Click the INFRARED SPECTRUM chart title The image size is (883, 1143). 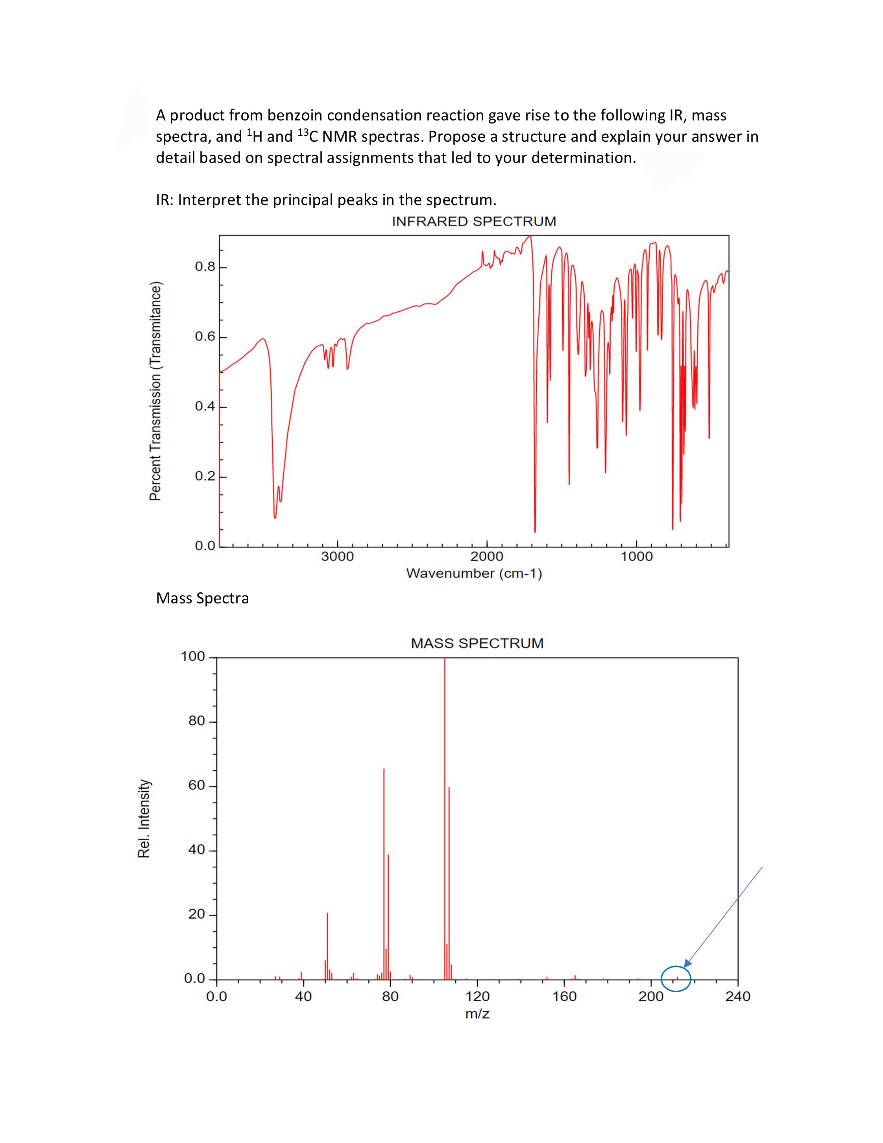(474, 221)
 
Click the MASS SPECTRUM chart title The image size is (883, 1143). (477, 643)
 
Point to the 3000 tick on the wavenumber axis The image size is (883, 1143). (337, 556)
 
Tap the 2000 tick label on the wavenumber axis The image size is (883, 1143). (487, 556)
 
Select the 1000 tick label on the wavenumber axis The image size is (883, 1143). (637, 556)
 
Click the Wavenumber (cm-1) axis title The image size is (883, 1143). (474, 573)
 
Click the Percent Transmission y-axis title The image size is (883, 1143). (156, 391)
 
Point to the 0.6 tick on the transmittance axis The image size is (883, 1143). (205, 337)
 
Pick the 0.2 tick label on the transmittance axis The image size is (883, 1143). (205, 476)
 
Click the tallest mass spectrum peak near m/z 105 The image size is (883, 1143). (445, 818)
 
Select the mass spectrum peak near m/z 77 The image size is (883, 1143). (384, 873)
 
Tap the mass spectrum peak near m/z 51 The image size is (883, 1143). (327, 946)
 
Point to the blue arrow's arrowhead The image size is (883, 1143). (686, 964)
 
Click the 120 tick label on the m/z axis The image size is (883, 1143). (477, 997)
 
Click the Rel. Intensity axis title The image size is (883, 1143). (144, 819)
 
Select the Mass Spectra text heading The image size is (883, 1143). (202, 598)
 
